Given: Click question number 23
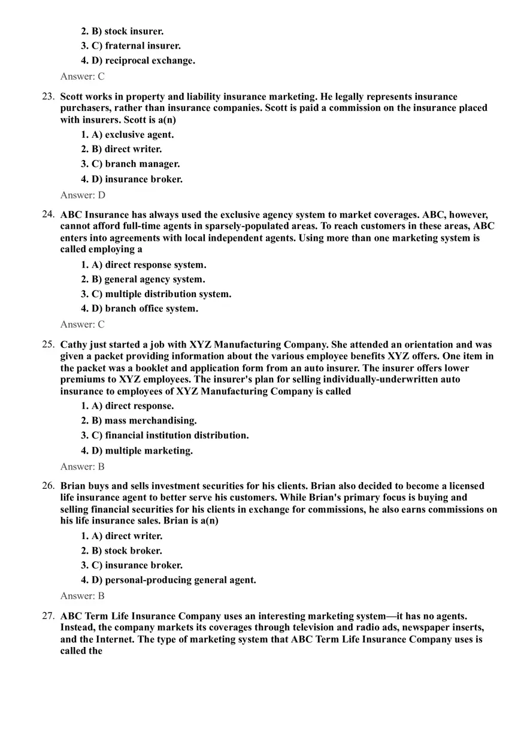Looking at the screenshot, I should [x=48, y=96].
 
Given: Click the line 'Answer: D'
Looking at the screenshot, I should [x=83, y=195].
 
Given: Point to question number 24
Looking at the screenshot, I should [x=48, y=214].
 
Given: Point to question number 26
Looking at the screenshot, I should [x=48, y=486].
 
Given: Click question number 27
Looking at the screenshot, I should [x=48, y=616].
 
